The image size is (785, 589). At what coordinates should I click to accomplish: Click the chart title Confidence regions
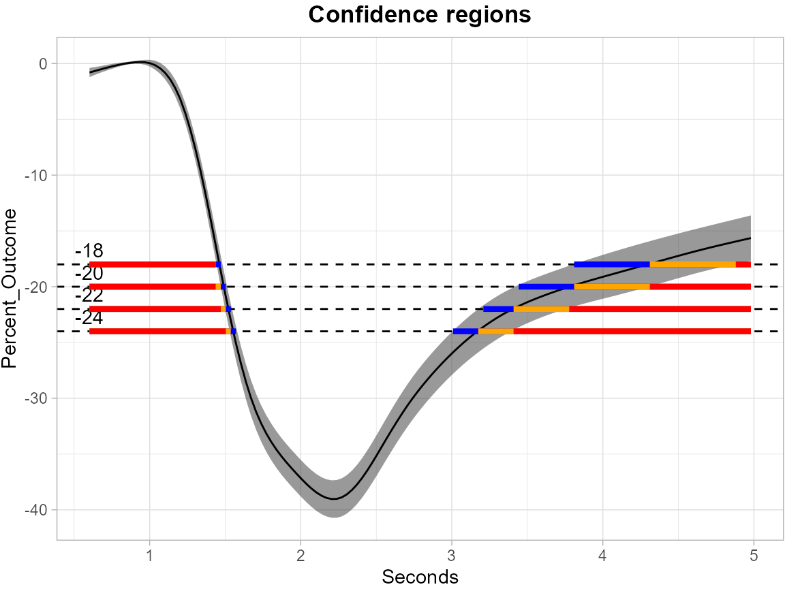(x=419, y=15)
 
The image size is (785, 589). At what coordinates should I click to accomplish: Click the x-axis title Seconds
(x=420, y=577)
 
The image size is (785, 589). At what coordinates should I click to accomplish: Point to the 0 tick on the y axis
(x=43, y=64)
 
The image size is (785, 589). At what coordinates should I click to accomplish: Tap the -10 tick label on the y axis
(x=36, y=176)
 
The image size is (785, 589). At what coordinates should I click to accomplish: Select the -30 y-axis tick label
(x=36, y=398)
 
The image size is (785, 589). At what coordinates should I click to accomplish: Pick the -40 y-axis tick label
(x=36, y=510)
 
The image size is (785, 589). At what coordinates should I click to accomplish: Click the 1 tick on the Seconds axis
(x=149, y=555)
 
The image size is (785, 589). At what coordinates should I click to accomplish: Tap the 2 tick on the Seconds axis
(x=301, y=555)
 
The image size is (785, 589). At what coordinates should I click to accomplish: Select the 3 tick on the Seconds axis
(x=451, y=555)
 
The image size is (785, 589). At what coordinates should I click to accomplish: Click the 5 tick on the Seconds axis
(x=754, y=555)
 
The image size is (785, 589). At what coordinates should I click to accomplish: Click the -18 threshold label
(x=89, y=251)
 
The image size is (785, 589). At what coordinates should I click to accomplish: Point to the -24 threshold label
(x=89, y=318)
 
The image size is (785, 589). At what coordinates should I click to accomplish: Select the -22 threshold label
(x=89, y=296)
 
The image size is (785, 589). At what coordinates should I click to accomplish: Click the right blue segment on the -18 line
(x=612, y=264)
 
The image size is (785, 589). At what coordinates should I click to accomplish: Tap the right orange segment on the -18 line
(x=692, y=264)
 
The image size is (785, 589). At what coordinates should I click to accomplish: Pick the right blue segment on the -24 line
(x=465, y=332)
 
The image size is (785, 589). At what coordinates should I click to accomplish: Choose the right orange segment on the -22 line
(x=541, y=309)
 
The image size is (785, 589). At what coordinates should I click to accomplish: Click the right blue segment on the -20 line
(x=547, y=287)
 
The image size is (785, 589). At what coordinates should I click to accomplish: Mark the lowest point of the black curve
(x=333, y=499)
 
